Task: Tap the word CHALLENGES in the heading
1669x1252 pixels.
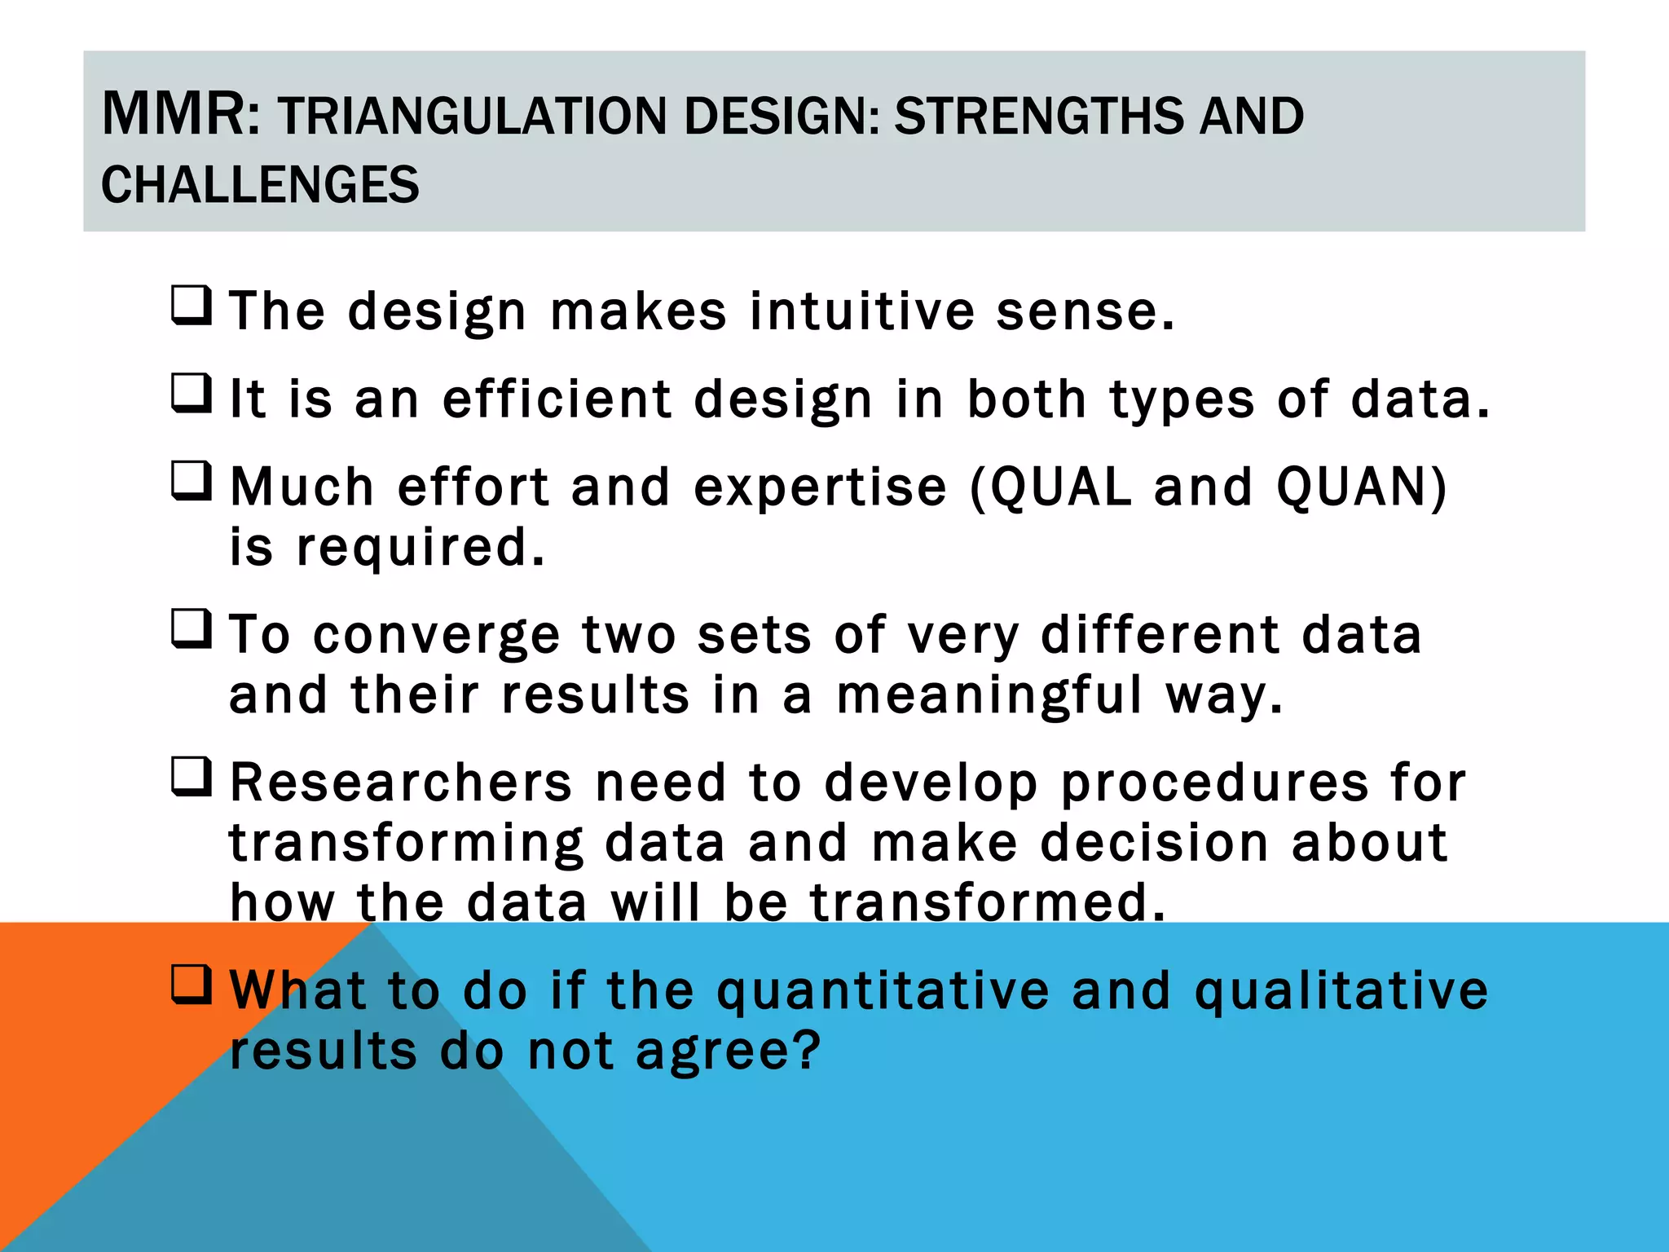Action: click(260, 185)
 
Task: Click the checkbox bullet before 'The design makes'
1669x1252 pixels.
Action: click(192, 306)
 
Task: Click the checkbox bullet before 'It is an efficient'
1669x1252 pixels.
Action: click(192, 394)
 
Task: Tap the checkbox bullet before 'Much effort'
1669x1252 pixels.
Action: click(192, 482)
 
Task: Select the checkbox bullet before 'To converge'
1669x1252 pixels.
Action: click(192, 629)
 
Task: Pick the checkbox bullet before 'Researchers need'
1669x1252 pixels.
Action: click(192, 777)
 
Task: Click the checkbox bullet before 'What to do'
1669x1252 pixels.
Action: click(192, 985)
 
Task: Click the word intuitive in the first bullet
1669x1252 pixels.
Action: click(861, 311)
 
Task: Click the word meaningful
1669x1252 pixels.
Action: click(989, 697)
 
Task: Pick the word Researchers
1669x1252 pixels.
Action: click(401, 782)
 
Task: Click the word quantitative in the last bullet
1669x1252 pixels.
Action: click(883, 992)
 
